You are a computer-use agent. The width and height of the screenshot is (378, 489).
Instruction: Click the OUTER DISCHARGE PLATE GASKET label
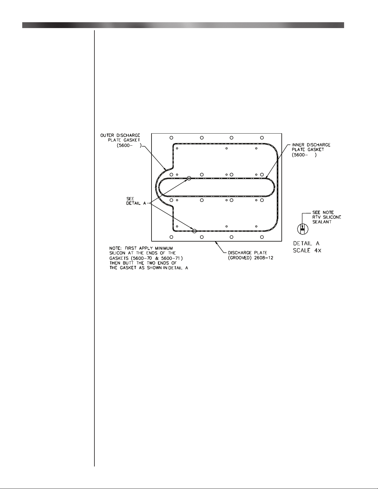pyautogui.click(x=120, y=140)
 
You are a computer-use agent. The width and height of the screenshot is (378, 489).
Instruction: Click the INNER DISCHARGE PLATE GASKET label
pyautogui.click(x=311, y=150)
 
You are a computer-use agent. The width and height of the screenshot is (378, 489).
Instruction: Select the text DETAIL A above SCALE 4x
pyautogui.click(x=306, y=243)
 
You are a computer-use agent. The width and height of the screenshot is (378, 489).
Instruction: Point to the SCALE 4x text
pyautogui.click(x=307, y=251)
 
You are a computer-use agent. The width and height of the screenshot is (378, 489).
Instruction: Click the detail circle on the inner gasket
pyautogui.click(x=189, y=178)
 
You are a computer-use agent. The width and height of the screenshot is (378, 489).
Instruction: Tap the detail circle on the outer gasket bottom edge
pyautogui.click(x=194, y=231)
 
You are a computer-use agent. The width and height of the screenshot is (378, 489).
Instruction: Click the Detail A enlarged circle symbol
pyautogui.click(x=303, y=229)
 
